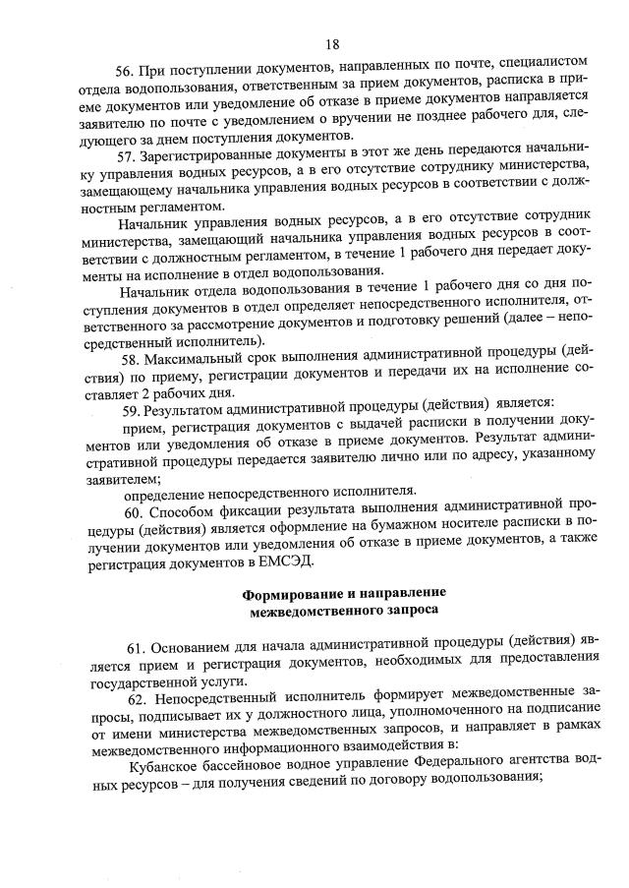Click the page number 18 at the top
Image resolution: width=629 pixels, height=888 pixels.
[x=332, y=44]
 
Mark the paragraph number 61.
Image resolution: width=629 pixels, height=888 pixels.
[x=138, y=650]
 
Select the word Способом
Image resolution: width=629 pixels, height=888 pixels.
[x=184, y=512]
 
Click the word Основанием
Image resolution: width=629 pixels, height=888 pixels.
[x=198, y=650]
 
